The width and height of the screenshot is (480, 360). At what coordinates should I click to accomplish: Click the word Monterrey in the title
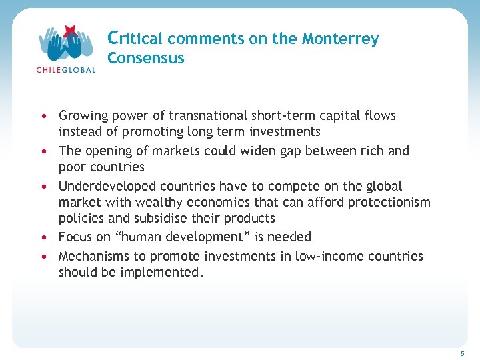pyautogui.click(x=340, y=39)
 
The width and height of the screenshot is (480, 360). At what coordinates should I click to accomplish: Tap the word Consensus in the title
pyautogui.click(x=145, y=58)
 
